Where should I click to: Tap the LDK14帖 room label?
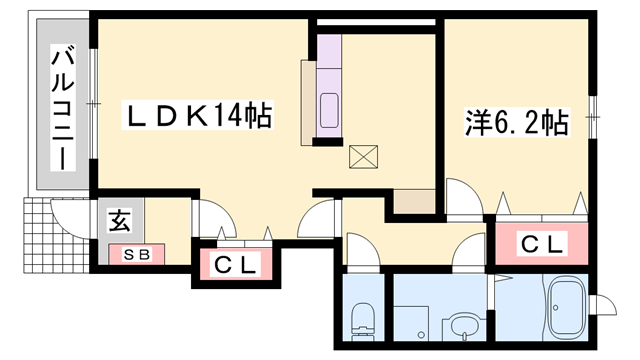click(x=198, y=117)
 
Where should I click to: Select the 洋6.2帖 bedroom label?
click(x=516, y=123)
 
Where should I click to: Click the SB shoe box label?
click(x=137, y=254)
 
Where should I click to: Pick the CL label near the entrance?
click(x=238, y=265)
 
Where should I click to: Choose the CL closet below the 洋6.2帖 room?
click(x=542, y=243)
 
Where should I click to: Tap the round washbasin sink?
click(x=461, y=325)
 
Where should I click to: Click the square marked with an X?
click(x=362, y=156)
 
